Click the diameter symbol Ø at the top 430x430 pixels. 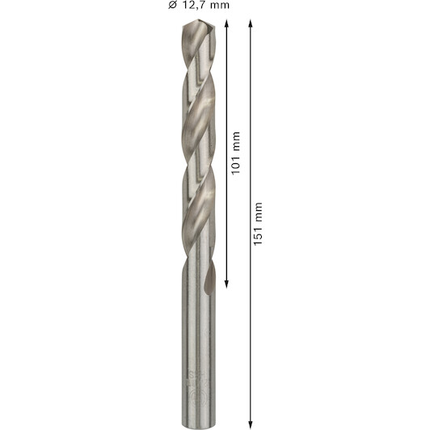[172, 5]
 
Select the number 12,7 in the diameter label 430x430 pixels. [191, 5]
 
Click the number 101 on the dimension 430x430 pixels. [235, 164]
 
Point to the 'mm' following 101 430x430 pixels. [236, 141]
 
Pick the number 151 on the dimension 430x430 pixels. [258, 235]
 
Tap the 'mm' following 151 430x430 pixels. [259, 212]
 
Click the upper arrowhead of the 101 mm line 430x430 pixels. [226, 23]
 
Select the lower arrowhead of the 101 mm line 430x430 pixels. [226, 285]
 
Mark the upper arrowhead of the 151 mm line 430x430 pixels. [250, 23]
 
